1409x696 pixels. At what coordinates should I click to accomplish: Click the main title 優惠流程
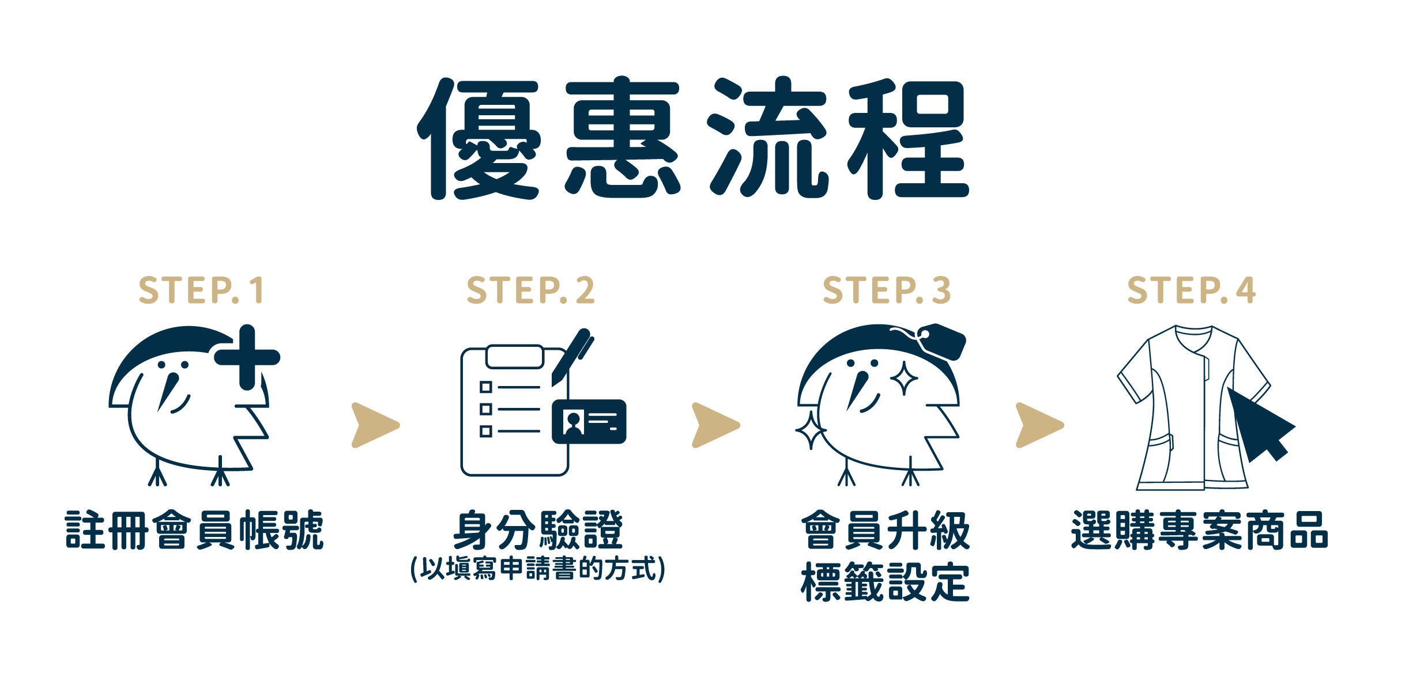(694, 138)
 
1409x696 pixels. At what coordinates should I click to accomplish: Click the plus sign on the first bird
(247, 357)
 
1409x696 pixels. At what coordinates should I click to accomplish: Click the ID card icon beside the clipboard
(589, 422)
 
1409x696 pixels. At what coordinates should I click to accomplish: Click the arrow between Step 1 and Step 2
(375, 425)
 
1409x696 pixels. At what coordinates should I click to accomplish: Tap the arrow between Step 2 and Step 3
(715, 425)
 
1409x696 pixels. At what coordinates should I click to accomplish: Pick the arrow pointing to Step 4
(1039, 425)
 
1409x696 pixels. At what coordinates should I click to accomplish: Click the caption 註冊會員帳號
(194, 530)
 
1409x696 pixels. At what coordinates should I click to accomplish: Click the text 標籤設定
(885, 582)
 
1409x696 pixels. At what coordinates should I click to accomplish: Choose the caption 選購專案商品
(1199, 530)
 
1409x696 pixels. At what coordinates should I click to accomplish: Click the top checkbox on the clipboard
(486, 387)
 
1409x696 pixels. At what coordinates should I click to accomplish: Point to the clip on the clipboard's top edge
(515, 357)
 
